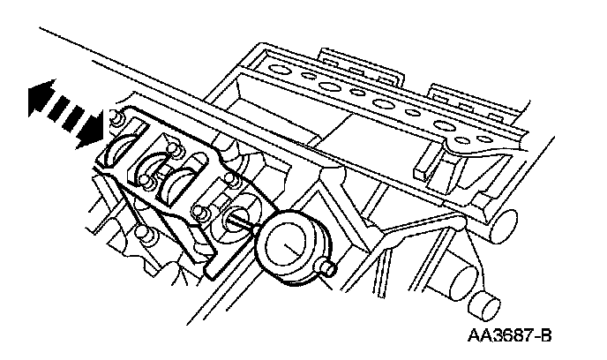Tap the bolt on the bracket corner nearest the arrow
pyautogui.click(x=115, y=119)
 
